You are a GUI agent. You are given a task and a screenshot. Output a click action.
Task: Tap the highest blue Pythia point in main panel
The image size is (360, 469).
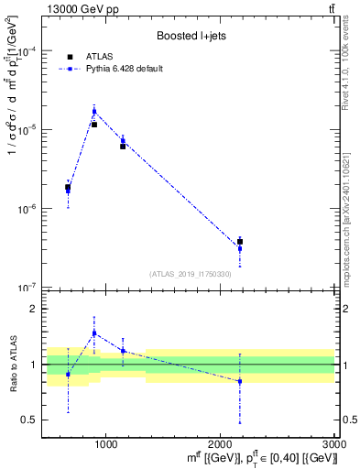click(x=94, y=112)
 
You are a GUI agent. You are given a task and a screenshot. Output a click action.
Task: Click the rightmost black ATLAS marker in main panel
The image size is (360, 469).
click(x=240, y=242)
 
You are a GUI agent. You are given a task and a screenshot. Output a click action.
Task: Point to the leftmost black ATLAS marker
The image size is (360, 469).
click(x=68, y=187)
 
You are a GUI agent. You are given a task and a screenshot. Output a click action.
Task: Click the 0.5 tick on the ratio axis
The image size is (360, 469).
click(x=29, y=420)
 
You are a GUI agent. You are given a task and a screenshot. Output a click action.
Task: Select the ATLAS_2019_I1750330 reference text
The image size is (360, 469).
click(x=191, y=274)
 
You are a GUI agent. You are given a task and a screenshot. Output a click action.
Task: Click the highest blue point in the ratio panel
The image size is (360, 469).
click(x=94, y=333)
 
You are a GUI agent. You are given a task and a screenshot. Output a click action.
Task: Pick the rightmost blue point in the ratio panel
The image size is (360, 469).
click(x=240, y=381)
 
